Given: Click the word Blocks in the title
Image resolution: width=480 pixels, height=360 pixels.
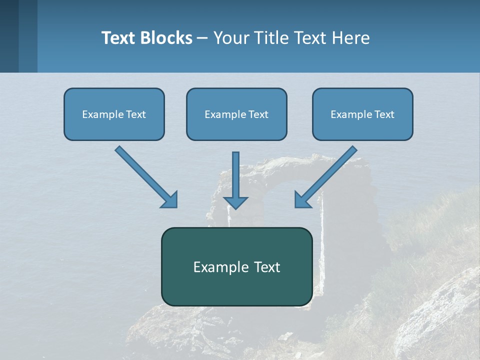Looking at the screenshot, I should pos(166,38).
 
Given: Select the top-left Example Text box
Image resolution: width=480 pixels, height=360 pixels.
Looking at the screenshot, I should pos(114,114).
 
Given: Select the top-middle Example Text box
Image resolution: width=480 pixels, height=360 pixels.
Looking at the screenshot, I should pos(236,114).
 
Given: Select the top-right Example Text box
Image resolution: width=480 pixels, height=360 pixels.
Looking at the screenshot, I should pos(362,114).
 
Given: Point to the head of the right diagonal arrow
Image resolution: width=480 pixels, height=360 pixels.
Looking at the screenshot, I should pos(301,200).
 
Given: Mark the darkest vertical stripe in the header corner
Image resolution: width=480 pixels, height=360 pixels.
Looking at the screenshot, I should pos(9,36).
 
